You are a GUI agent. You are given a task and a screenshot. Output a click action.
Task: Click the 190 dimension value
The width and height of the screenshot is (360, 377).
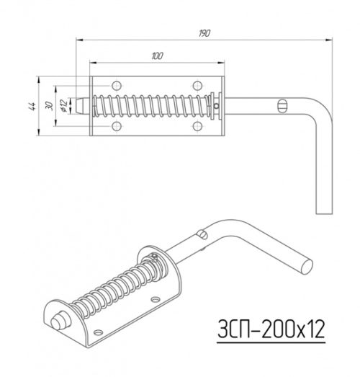204,33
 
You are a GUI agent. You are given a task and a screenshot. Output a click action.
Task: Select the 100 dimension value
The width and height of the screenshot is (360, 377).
157,56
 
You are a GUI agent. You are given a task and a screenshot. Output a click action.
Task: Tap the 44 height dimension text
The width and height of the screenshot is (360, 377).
32,106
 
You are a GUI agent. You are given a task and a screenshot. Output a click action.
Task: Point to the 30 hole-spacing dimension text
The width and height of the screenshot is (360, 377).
49,106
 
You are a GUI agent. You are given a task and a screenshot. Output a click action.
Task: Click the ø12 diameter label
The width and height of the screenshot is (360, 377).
63,105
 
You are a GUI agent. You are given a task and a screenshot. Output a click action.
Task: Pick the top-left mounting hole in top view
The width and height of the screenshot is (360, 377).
117,86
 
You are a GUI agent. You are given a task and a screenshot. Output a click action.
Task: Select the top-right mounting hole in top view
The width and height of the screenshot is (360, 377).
197,86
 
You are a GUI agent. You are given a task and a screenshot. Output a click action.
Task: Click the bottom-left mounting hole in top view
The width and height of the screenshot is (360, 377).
117,126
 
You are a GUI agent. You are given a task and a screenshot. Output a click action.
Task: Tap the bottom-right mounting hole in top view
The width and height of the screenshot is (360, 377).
197,126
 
